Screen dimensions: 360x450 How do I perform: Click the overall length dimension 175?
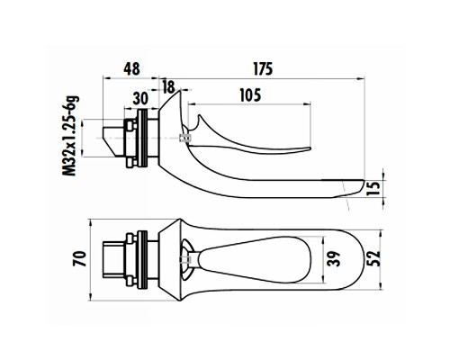click(x=264, y=69)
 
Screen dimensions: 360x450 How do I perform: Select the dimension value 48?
click(x=131, y=69)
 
